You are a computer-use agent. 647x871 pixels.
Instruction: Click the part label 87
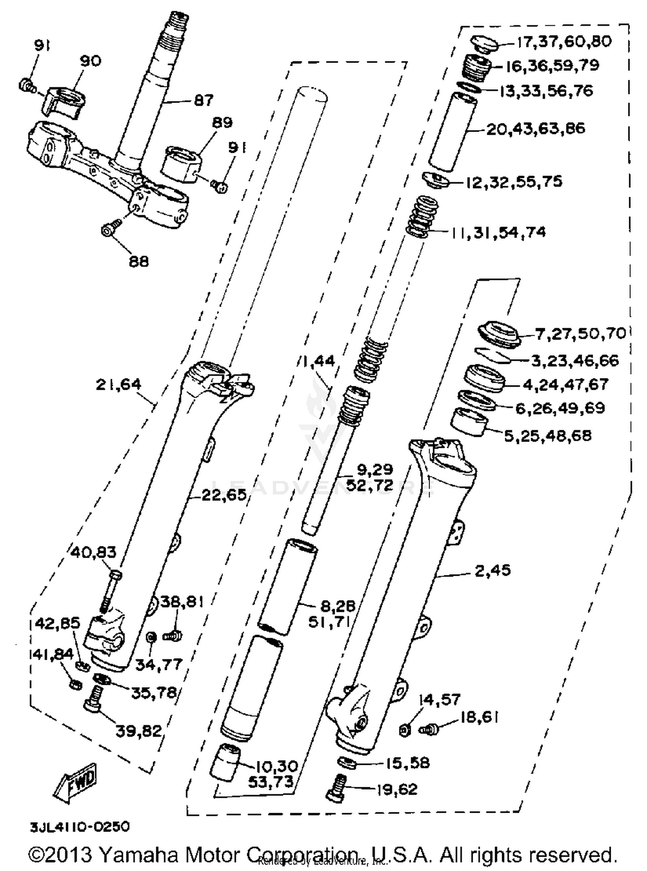204,100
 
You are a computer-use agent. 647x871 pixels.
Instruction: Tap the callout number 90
90,61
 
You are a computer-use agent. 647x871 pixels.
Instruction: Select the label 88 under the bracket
138,261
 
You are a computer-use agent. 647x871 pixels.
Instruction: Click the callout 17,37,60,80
564,41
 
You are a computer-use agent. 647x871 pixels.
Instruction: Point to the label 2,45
493,570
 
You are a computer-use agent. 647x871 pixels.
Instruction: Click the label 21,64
118,384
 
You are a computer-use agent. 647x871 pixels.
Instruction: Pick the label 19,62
397,789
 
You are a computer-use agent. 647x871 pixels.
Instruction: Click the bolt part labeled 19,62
336,789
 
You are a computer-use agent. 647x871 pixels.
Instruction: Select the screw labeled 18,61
429,729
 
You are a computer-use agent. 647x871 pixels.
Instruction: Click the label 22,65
224,495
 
